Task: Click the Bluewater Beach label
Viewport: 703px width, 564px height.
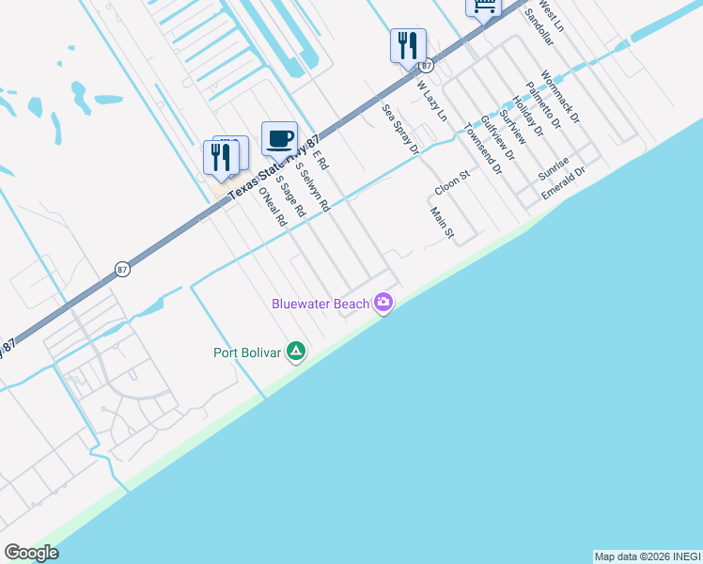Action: (320, 304)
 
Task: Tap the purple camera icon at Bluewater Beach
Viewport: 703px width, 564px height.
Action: (383, 303)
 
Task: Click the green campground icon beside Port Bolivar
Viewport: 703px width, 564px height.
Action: (296, 352)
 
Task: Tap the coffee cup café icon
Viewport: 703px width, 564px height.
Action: (279, 139)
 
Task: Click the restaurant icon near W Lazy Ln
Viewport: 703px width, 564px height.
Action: (408, 46)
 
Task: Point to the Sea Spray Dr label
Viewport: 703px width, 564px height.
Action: (399, 129)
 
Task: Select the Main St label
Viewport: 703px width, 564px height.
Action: (442, 222)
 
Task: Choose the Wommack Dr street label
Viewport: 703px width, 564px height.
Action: (561, 97)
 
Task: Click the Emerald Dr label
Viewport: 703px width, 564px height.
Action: (564, 183)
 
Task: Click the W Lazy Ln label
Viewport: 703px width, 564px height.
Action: (432, 101)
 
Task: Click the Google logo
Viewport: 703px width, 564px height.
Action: (32, 553)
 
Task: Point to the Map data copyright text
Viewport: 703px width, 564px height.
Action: (648, 556)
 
